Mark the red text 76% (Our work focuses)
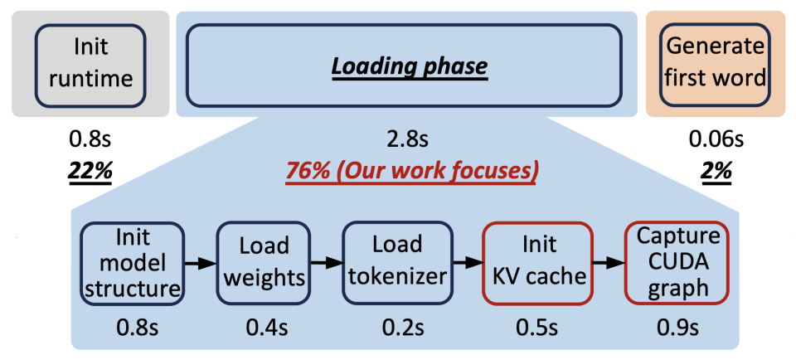point(412,172)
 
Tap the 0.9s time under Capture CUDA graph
point(678,328)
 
